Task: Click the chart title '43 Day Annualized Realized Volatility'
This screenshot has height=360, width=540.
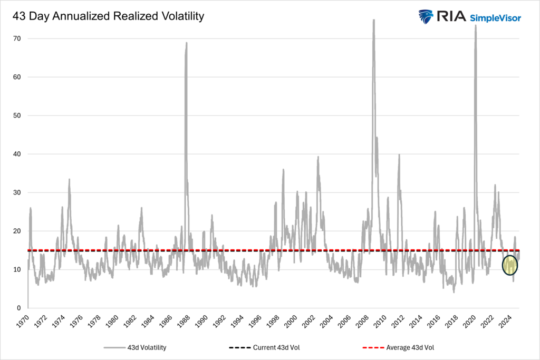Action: point(108,16)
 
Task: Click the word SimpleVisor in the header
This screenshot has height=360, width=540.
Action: point(495,18)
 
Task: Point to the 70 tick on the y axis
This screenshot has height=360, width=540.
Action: point(17,38)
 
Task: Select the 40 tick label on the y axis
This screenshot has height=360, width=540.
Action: point(17,154)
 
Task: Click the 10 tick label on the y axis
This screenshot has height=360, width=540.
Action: point(17,269)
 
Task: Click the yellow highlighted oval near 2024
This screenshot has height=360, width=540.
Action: point(510,265)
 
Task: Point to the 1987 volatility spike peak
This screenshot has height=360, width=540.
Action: point(187,43)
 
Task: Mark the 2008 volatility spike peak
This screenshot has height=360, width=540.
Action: point(373,20)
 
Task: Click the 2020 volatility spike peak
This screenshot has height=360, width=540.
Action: point(476,25)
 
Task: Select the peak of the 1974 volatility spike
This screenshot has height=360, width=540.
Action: point(69,179)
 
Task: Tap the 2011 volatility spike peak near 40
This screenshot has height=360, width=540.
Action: point(399,154)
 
